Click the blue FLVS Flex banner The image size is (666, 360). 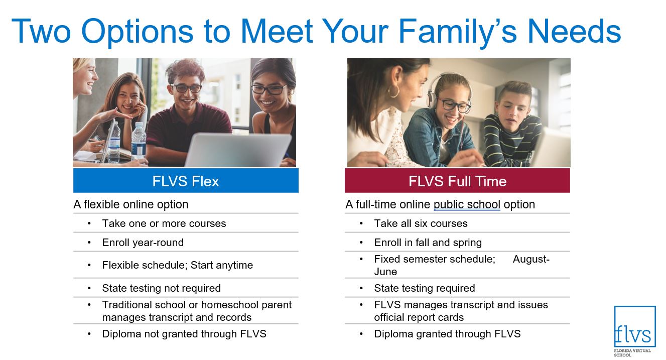coord(186,181)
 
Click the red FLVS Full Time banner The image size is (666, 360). coord(457,181)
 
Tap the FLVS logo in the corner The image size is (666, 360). coord(635,331)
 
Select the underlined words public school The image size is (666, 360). coord(467,204)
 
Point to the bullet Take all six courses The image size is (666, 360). coord(421,223)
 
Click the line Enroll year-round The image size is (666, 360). coord(143,243)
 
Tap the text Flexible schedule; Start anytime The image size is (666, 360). coord(178,265)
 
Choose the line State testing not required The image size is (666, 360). coord(162,288)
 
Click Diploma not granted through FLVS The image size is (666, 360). coord(184,334)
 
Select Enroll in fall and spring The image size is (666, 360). coord(428,243)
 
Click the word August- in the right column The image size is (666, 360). coord(531,259)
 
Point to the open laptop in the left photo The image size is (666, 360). coord(238,150)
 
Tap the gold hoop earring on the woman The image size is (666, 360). coord(393,91)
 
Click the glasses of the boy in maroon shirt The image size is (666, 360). coord(186,88)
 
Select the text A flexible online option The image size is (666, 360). coord(131,204)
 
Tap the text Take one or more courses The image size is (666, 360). coord(164,223)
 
